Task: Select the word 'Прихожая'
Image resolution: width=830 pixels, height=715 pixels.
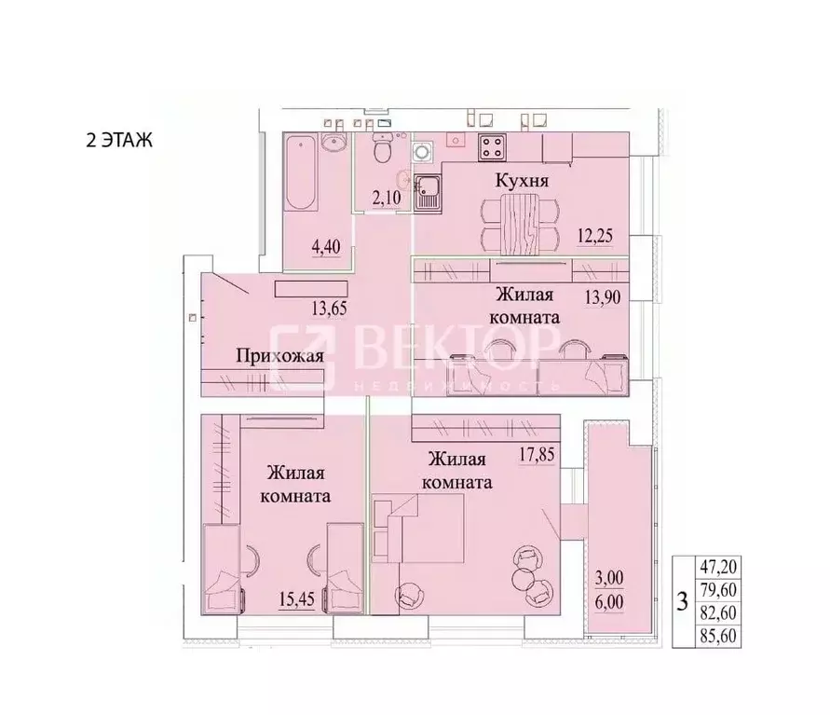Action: click(x=279, y=355)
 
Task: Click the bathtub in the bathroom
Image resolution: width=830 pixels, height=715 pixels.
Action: click(x=301, y=173)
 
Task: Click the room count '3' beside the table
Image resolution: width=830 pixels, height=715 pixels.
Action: click(x=684, y=600)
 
